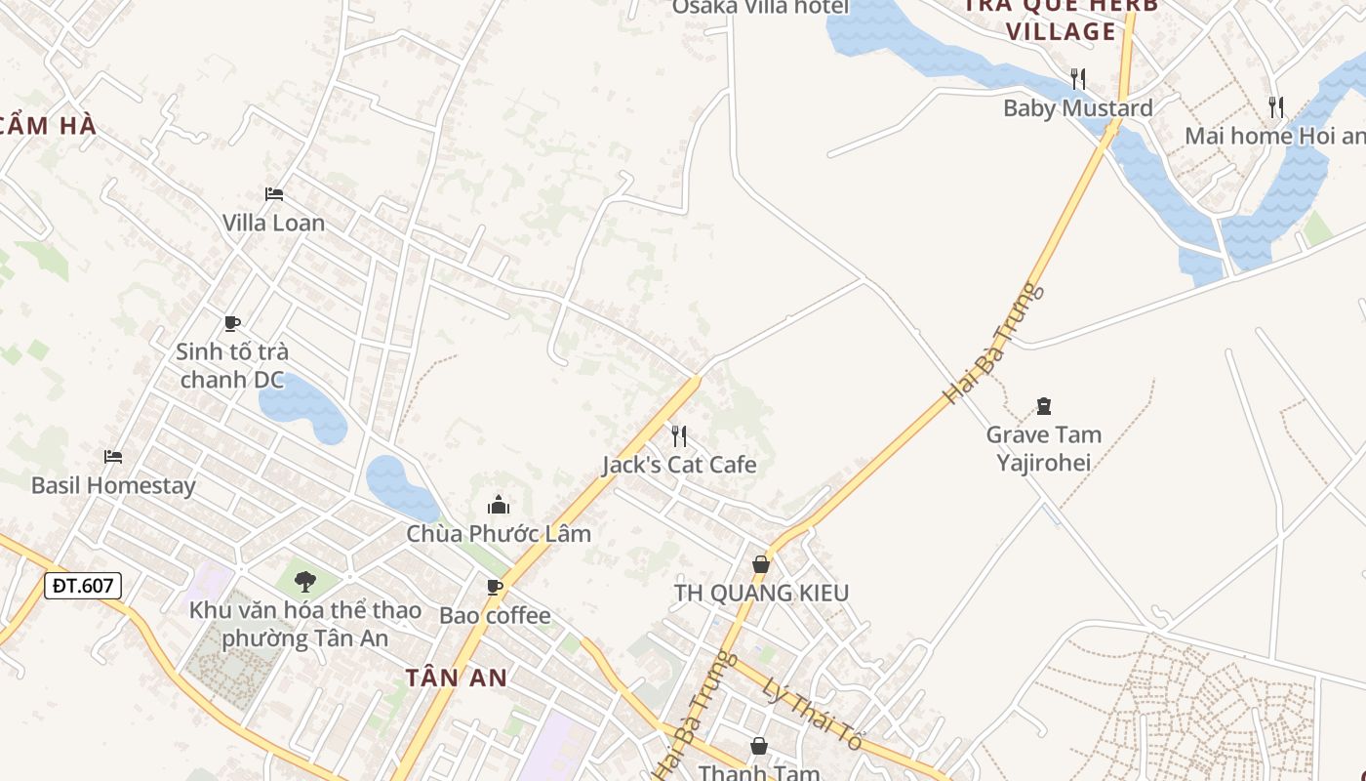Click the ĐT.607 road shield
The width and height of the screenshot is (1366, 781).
83,586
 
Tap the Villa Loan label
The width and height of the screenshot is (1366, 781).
273,223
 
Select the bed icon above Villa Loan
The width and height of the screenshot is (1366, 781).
274,194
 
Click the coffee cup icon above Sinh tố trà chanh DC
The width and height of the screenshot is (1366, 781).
232,323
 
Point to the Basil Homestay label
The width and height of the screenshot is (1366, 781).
113,485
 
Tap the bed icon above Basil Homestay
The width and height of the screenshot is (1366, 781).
113,456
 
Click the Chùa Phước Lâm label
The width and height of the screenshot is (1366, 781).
499,534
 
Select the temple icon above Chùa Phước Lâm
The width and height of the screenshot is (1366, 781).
499,505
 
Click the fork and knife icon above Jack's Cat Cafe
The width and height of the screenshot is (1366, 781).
679,435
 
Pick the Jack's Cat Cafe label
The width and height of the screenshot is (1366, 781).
679,465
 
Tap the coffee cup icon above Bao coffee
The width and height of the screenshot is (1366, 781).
495,587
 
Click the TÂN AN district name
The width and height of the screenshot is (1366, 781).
457,678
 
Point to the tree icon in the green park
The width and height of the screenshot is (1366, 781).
305,582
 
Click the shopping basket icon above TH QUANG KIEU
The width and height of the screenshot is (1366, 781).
761,564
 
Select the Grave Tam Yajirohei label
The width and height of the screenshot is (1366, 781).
1043,448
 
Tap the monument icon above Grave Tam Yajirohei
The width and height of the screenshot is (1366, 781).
1044,406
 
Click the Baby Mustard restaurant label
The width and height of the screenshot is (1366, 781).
1078,107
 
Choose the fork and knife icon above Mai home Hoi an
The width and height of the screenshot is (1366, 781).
1276,106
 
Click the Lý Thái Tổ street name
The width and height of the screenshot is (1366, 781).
812,714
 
